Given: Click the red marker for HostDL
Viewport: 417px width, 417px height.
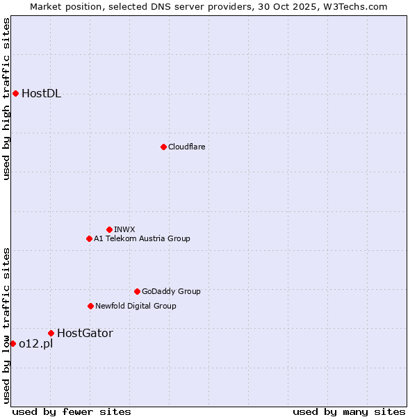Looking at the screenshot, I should point(15,93).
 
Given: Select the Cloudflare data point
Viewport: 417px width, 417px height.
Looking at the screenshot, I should point(163,147).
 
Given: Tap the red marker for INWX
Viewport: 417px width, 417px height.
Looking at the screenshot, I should point(109,229).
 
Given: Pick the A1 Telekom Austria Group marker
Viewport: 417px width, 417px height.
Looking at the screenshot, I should point(89,238).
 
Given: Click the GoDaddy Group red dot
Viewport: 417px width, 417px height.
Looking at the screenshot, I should point(137,291).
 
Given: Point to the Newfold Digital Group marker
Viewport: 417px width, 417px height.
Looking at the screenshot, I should point(90,306).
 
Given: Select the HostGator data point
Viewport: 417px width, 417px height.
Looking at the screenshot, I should point(51,333).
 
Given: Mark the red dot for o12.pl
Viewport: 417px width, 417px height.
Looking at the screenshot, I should point(13,343).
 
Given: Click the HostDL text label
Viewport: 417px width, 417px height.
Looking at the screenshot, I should point(41,94).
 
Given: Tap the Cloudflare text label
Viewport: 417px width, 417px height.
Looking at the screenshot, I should point(186,147).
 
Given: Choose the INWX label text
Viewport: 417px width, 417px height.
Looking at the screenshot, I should point(124,229).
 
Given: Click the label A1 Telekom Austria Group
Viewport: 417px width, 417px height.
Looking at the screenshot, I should point(142,238).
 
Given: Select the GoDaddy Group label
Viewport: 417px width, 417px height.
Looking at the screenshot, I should point(171,291).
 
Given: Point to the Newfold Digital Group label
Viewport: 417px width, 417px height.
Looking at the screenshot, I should point(136,306).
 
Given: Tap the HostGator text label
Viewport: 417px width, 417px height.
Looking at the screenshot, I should point(85,333).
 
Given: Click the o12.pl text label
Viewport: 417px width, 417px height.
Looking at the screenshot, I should point(35,344).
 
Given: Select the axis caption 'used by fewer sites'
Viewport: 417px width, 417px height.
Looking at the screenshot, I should point(72,411).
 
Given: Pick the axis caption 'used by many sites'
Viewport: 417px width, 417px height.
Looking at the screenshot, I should point(348,411).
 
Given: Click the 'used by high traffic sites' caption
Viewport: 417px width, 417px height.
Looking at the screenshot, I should point(6,99).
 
